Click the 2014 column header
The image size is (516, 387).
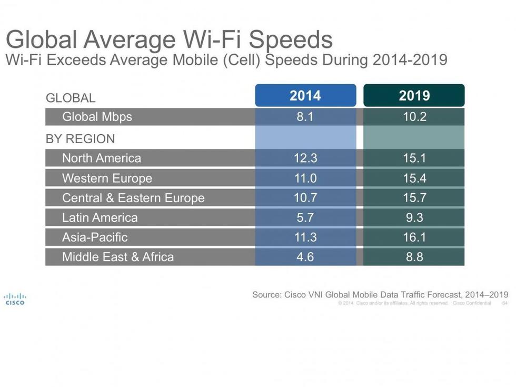coord(305,95)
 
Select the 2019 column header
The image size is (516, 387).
coord(414,95)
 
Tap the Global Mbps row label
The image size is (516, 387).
coord(97,116)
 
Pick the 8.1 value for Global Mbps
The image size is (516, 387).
coord(305,116)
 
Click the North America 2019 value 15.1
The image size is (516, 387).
coord(414,158)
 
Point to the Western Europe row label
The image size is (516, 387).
coord(107,178)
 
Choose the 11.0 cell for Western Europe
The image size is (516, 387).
coord(305,178)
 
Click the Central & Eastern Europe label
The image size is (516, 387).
coord(133,198)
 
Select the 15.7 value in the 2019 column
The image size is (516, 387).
coord(414,198)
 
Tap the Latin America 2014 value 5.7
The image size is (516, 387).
coord(305,217)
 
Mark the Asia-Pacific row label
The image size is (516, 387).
coord(95,237)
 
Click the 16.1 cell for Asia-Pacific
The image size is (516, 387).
coord(414,237)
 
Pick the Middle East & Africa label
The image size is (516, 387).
coord(118,257)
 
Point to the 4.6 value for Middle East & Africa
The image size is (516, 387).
coord(305,257)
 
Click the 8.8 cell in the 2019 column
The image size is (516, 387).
coord(414,257)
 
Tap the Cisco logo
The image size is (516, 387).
coord(15,299)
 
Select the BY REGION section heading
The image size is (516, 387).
coord(80,139)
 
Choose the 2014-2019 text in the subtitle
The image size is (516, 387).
coord(410,59)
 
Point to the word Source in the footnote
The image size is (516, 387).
coord(266,295)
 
